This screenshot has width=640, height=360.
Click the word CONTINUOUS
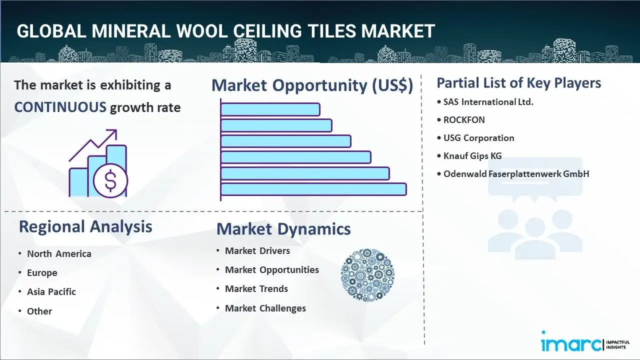tap(60, 107)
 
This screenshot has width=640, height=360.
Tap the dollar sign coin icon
tap(110, 180)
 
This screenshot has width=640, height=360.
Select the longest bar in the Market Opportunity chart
tap(313, 189)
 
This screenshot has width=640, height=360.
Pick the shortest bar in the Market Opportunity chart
tap(270, 109)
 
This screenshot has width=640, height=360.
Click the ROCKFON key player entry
tap(464, 120)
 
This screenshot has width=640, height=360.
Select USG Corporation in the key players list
tap(478, 138)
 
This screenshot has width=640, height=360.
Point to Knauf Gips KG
tap(472, 156)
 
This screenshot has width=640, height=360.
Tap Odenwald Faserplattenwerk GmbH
tap(516, 173)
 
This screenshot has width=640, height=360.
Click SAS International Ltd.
tap(488, 102)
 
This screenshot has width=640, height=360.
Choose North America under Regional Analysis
tap(59, 253)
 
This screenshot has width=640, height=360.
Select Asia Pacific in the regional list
tap(51, 291)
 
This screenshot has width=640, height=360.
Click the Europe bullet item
tap(42, 273)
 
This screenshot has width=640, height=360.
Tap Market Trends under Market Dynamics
tap(256, 289)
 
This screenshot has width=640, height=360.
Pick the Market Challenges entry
tap(265, 308)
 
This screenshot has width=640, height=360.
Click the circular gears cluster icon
tap(367, 275)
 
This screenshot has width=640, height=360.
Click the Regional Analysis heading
tap(85, 226)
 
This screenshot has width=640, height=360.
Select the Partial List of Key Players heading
tap(519, 83)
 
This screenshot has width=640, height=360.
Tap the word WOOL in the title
tap(205, 31)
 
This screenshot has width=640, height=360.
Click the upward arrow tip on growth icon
tap(116, 130)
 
